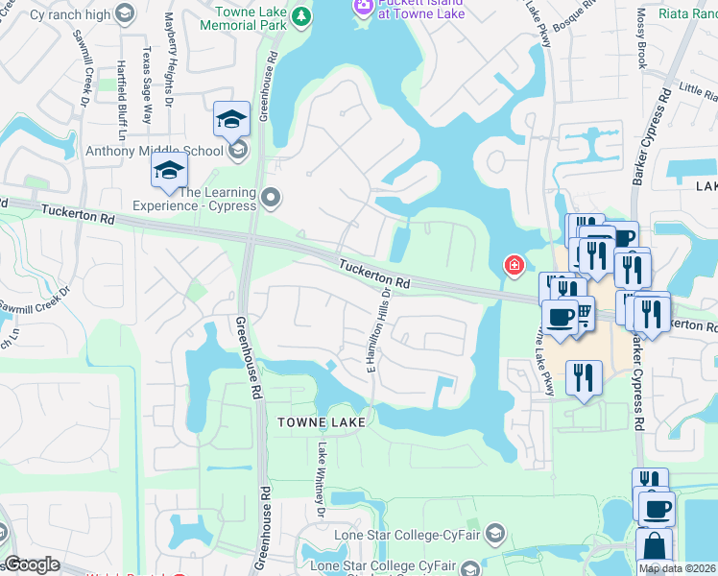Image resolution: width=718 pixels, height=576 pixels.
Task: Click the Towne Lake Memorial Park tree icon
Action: pyautogui.click(x=300, y=16)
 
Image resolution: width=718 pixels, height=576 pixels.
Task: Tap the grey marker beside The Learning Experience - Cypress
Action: pyautogui.click(x=271, y=198)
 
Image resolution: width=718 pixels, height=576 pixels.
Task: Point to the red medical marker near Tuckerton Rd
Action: pyautogui.click(x=515, y=264)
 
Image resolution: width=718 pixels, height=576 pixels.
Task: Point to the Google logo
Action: pyautogui.click(x=32, y=564)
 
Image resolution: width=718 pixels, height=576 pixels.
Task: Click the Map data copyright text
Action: pyautogui.click(x=677, y=568)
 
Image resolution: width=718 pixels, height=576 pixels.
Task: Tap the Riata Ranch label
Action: pyautogui.click(x=695, y=13)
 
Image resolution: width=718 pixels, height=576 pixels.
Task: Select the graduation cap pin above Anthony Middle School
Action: pyautogui.click(x=231, y=119)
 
